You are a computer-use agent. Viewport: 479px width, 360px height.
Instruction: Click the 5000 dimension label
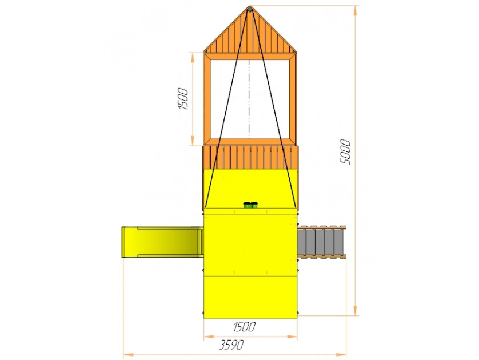pos(345,152)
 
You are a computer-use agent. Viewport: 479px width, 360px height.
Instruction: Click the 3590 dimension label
pos(231,345)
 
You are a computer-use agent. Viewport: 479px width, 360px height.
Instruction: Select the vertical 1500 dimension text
pos(183,99)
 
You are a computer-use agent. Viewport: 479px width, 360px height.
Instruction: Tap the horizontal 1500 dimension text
pos(244,327)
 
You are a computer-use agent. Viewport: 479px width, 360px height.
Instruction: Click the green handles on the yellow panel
pos(250,205)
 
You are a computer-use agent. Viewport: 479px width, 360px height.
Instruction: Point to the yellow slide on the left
pos(162,242)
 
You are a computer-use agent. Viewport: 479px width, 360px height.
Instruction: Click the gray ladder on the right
pos(322,242)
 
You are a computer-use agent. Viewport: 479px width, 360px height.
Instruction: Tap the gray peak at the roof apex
pos(250,10)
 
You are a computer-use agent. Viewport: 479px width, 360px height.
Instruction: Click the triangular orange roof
pos(250,30)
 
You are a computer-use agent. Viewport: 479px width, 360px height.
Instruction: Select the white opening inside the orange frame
pos(250,99)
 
